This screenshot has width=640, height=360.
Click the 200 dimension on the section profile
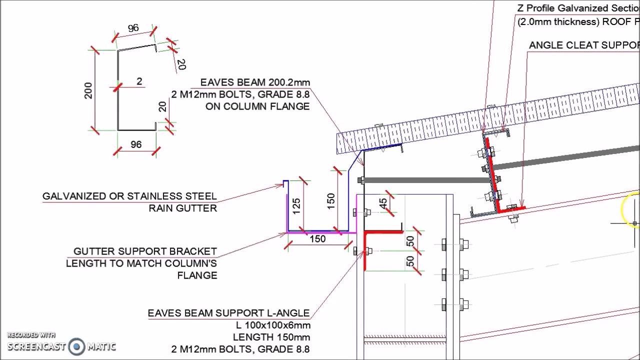[88, 89]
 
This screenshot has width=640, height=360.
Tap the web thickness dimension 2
[139, 81]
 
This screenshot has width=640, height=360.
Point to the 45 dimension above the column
[383, 203]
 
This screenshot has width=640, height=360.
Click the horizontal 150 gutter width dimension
[317, 239]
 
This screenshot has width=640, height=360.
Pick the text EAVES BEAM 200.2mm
[255, 82]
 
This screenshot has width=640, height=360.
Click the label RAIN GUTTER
[183, 208]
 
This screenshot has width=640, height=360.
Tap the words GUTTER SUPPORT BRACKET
[145, 251]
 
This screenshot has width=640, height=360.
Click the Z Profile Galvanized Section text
[578, 8]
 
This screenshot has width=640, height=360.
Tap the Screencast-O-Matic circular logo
[76, 346]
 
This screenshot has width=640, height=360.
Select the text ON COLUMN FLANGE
[257, 106]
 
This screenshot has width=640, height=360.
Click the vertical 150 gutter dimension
[330, 201]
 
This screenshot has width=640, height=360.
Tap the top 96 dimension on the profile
[133, 28]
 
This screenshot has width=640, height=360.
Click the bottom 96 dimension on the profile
[136, 144]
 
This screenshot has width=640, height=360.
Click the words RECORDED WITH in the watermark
[31, 335]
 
